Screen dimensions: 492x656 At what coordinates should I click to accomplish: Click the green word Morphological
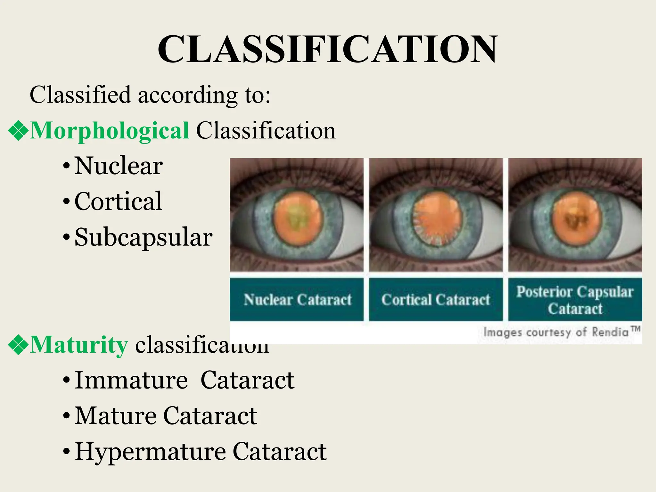(109, 131)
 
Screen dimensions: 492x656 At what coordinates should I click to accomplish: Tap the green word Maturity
(79, 345)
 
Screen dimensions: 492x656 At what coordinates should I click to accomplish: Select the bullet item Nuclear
(118, 166)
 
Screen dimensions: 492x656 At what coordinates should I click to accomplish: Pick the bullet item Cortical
(118, 201)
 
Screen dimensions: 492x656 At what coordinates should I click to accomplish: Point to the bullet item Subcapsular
(143, 237)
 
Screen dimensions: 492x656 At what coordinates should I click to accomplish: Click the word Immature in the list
(131, 380)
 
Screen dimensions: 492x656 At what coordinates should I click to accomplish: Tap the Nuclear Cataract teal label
(297, 300)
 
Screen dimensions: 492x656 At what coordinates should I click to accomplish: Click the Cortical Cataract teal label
(436, 300)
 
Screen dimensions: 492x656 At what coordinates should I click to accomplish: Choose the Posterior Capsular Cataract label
(575, 300)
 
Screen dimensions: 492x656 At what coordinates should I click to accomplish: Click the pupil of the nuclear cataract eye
(298, 218)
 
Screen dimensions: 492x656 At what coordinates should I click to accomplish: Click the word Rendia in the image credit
(610, 332)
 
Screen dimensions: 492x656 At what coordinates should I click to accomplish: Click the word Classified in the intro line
(80, 95)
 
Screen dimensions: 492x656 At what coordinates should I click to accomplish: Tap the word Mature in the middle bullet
(115, 416)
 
